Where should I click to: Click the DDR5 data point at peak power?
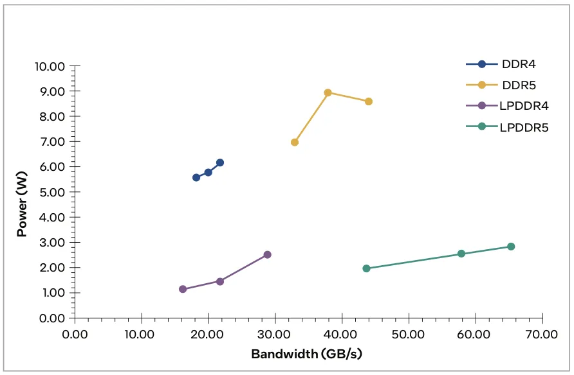[x=328, y=92]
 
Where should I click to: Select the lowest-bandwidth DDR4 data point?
[x=196, y=177]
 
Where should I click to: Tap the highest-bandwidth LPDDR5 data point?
[x=511, y=247]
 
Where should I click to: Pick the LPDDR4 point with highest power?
[x=267, y=255]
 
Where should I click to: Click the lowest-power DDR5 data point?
[x=295, y=142]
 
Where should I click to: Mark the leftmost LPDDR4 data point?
[x=183, y=289]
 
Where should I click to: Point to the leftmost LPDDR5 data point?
[x=366, y=268]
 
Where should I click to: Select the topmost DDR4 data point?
[x=220, y=162]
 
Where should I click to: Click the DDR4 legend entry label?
[x=519, y=64]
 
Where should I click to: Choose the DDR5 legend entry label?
[x=519, y=85]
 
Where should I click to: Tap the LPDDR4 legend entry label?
[x=524, y=106]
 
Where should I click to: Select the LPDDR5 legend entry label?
[x=524, y=127]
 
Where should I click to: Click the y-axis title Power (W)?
[x=23, y=203]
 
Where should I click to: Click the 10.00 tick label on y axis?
[x=49, y=66]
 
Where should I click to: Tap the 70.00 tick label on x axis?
[x=542, y=335]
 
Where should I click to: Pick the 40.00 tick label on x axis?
[x=342, y=335]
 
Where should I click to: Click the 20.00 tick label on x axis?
[x=208, y=335]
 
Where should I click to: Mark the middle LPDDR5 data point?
[x=461, y=254]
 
